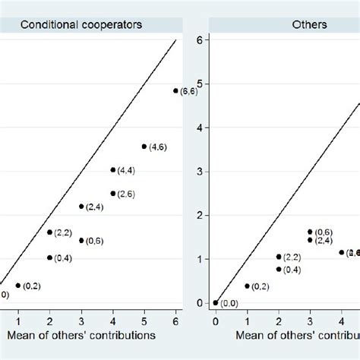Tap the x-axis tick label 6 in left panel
(x=176, y=318)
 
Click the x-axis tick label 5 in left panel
(x=144, y=318)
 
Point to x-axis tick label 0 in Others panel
(x=216, y=318)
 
